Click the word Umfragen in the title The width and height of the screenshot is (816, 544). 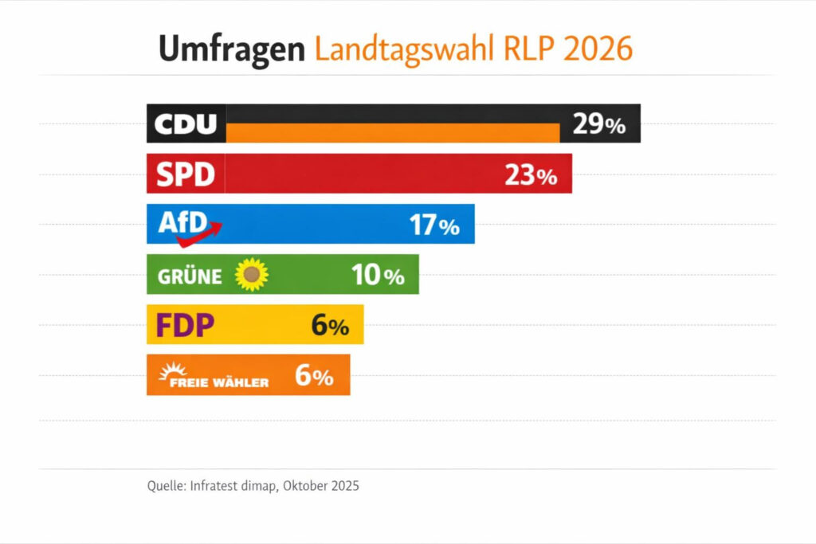pos(231,49)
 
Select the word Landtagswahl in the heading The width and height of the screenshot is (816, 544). pos(405,49)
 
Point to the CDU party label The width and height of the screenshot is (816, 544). pos(185,124)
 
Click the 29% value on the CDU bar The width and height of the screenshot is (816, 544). pos(598,125)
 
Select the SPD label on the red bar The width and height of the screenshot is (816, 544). pos(186,174)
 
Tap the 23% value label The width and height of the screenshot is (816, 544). pos(531,176)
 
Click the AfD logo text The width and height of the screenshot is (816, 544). pos(182,221)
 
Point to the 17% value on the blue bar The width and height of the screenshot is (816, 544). pos(434,226)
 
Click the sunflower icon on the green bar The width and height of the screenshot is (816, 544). pos(252,275)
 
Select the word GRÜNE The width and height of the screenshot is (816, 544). pos(190,276)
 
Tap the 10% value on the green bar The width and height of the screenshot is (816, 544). pos(378,276)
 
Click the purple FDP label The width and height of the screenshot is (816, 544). pos(186,325)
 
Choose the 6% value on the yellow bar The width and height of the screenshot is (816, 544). pos(330,326)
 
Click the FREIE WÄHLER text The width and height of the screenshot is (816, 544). pos(219,382)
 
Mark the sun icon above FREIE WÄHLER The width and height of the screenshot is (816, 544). pos(172,370)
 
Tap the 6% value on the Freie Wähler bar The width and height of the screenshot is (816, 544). pos(314,376)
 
